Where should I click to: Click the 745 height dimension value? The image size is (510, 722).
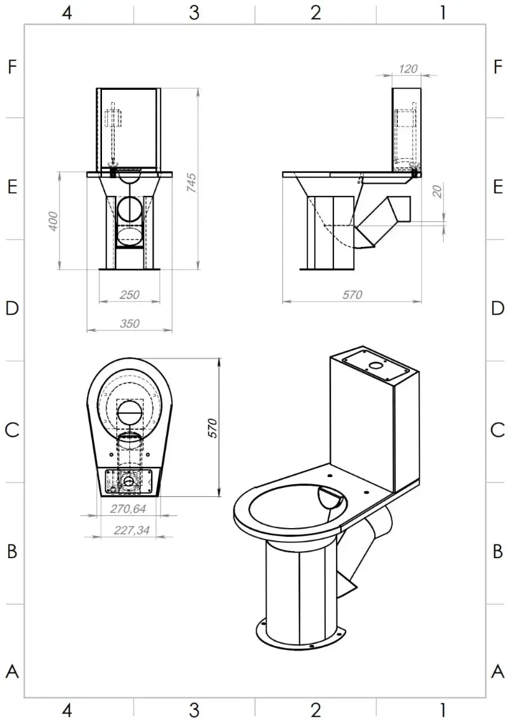coord(191,183)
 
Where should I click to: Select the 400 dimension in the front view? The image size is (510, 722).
coord(53,221)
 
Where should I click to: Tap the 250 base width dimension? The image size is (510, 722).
coord(129,295)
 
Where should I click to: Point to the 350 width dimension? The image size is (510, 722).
coord(129,324)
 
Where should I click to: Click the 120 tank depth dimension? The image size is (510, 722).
coord(408,69)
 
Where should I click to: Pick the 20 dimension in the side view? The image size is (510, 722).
coord(437,191)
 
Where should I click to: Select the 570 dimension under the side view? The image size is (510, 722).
coord(352,295)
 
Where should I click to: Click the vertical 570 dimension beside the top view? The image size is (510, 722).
coord(212,428)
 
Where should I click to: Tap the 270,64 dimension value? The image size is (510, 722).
coord(128,508)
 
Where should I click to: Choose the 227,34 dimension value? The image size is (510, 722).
coord(131,530)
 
